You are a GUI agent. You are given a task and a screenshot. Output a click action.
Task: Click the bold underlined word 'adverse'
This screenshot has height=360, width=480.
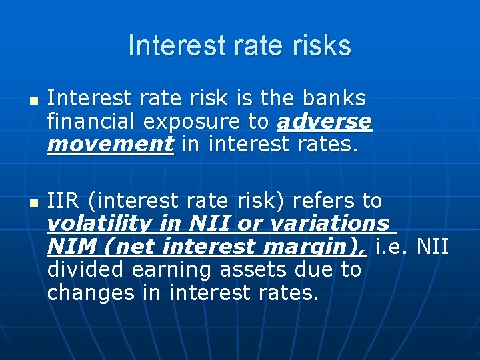[x=325, y=122]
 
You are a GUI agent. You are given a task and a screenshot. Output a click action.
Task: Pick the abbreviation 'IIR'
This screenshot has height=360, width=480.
[x=64, y=201]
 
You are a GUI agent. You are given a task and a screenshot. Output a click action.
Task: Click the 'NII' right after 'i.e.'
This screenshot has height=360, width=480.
[x=433, y=247]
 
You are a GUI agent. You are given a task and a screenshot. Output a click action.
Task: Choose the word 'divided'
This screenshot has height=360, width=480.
[x=87, y=270]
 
